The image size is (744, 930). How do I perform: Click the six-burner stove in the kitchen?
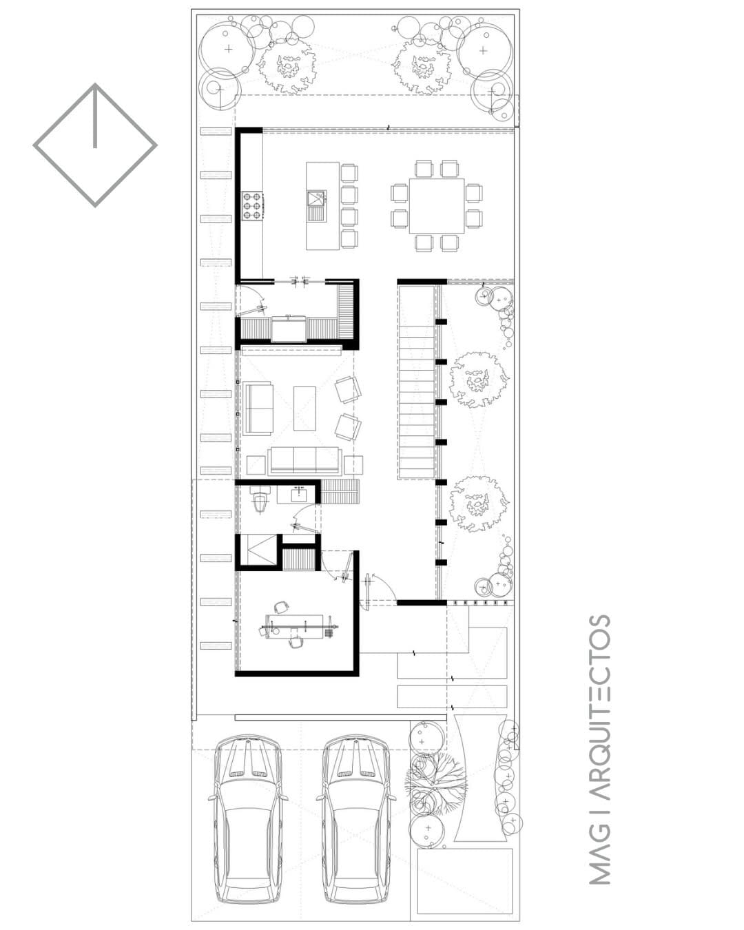pyautogui.click(x=251, y=206)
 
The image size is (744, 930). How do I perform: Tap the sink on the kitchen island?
pyautogui.click(x=317, y=198)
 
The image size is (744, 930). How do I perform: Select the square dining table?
pyautogui.click(x=437, y=206)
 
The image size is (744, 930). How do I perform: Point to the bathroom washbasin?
pyautogui.click(x=299, y=493)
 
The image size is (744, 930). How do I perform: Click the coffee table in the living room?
pyautogui.click(x=304, y=409)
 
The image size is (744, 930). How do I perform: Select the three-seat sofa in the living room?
pyautogui.click(x=304, y=461)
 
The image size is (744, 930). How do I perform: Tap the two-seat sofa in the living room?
pyautogui.click(x=258, y=408)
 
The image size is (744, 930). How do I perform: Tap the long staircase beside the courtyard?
pyautogui.click(x=416, y=381)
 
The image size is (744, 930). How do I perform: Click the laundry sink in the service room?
pyautogui.click(x=289, y=329)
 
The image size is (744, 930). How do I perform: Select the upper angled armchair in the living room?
pyautogui.click(x=348, y=389)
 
